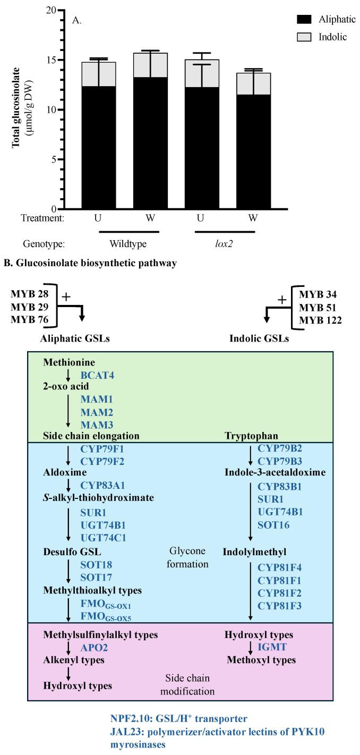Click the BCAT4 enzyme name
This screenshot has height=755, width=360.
[x=98, y=375]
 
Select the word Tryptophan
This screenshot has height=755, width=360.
[x=247, y=436]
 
